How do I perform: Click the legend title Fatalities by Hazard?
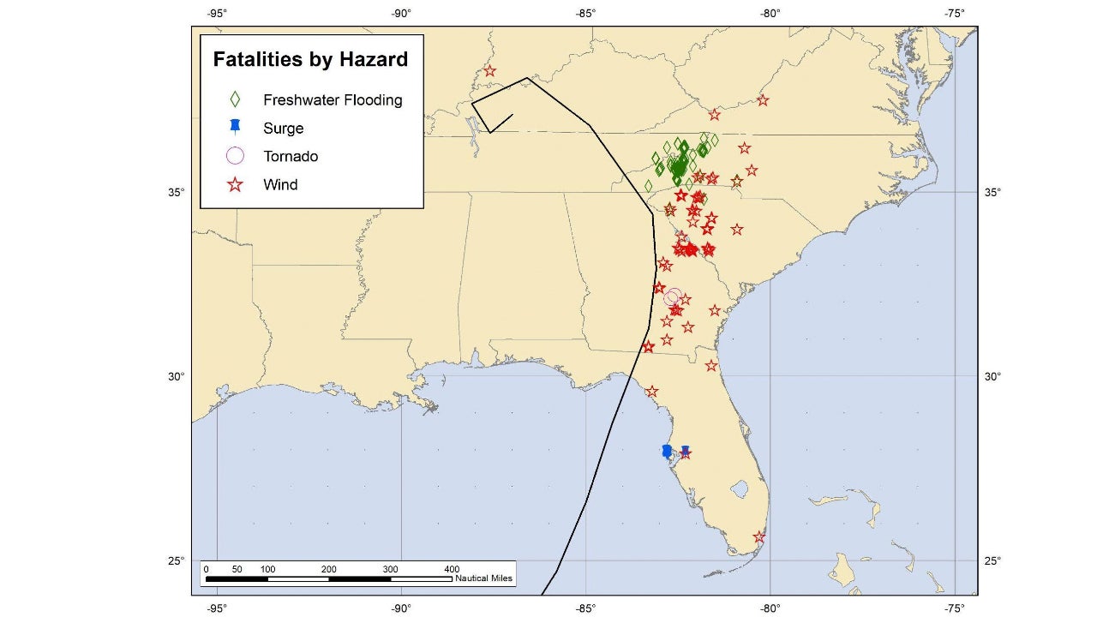coord(310,60)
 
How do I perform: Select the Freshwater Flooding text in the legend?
coord(333,100)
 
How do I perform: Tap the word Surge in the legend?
coord(283,129)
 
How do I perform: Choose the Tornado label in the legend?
coord(291,157)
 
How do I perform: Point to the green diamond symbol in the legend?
coord(235,99)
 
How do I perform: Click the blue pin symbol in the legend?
coord(235,128)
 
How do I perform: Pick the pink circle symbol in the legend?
coord(235,156)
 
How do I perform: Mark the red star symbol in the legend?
coord(235,184)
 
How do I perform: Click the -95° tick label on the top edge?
coord(217,13)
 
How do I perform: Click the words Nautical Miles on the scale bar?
coord(484,578)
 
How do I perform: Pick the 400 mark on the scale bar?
coord(452,569)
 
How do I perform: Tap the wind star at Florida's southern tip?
coord(759,537)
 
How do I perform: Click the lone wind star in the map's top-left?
coord(489,71)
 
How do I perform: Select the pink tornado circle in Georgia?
coord(673,297)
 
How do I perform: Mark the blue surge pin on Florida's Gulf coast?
coord(667,451)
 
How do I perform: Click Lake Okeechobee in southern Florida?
coord(736,489)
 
